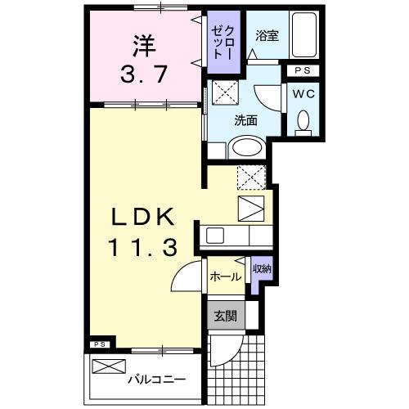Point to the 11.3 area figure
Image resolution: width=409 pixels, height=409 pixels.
pyautogui.click(x=142, y=247)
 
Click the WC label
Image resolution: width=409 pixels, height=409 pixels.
pyautogui.click(x=303, y=93)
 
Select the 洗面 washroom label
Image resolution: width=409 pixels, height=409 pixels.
pyautogui.click(x=245, y=119)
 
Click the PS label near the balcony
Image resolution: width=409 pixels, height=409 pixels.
pyautogui.click(x=100, y=344)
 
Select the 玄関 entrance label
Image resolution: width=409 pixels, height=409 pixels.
pyautogui.click(x=225, y=315)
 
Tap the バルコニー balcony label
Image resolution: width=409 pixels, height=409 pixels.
pyautogui.click(x=156, y=380)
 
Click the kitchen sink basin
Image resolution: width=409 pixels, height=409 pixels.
pyautogui.click(x=215, y=236)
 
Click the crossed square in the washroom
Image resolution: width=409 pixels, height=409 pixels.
pyautogui.click(x=222, y=91)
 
